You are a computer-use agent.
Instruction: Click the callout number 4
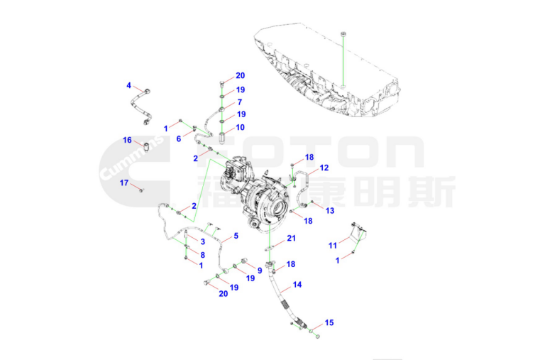click(x=128, y=85)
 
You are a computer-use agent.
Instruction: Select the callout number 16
click(x=127, y=140)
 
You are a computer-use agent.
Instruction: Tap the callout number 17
click(x=124, y=182)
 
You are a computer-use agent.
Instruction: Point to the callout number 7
click(x=240, y=102)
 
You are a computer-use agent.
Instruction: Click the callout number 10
click(x=240, y=127)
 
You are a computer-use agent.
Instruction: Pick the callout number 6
click(x=179, y=139)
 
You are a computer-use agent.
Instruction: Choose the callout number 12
click(x=324, y=168)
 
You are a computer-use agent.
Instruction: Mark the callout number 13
click(x=330, y=211)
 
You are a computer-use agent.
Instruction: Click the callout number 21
click(x=292, y=238)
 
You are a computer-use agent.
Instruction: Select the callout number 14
click(x=297, y=284)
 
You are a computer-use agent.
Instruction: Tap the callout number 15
click(x=329, y=322)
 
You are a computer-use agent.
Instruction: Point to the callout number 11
click(x=333, y=245)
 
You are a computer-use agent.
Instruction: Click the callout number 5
click(x=236, y=236)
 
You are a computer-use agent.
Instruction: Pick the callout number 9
click(x=260, y=271)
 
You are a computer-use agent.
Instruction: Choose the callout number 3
click(x=203, y=241)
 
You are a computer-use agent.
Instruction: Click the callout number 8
click(x=203, y=255)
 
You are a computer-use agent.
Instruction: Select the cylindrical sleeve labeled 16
click(x=146, y=146)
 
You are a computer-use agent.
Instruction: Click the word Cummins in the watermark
click(x=131, y=158)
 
